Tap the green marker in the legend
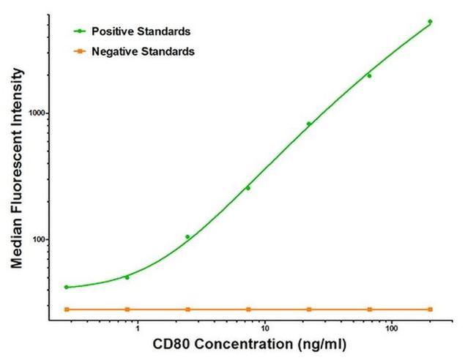[80, 31]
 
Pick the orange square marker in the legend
[80, 52]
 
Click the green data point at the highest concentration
[430, 22]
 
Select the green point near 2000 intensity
[369, 75]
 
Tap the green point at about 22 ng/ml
[308, 124]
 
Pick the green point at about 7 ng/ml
[248, 188]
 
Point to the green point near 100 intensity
[187, 237]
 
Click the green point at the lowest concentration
[66, 287]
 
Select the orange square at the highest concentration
[430, 310]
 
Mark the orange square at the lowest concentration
[66, 310]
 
